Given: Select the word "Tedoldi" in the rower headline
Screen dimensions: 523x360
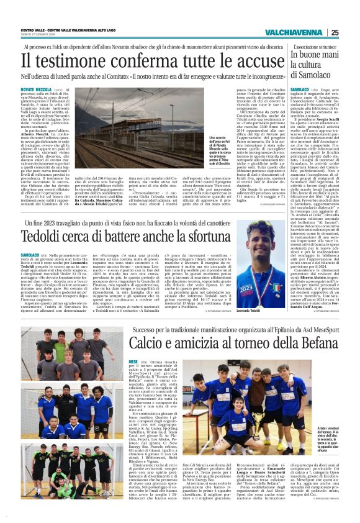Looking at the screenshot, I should point(42,237).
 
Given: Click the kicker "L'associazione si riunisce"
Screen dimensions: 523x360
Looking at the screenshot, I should point(314,46).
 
